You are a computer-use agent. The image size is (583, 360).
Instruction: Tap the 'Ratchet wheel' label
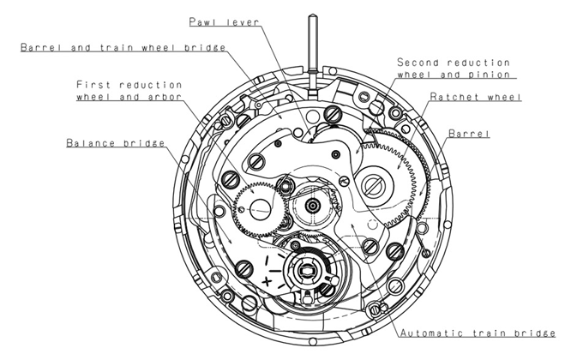tap(473, 97)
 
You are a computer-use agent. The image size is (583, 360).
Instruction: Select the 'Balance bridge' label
tap(117, 142)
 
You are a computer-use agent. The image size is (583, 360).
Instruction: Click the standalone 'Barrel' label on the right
tap(468, 135)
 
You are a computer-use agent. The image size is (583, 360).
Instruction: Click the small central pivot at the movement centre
tap(311, 205)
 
